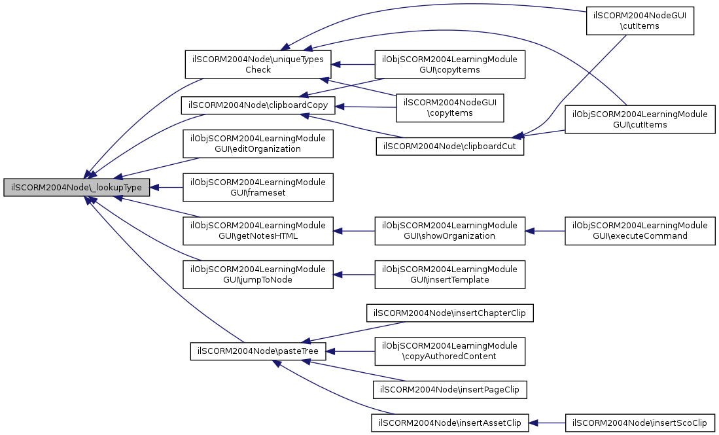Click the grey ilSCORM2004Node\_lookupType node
(x=77, y=188)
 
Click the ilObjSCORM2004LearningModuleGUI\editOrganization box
(x=258, y=144)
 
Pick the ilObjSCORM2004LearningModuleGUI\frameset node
(x=258, y=187)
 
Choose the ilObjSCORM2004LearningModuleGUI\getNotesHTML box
(x=258, y=230)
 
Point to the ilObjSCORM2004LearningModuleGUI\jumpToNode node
(x=258, y=273)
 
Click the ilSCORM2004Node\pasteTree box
(x=258, y=351)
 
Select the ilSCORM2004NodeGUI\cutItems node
(x=639, y=21)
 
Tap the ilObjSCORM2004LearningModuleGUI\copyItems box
(x=449, y=64)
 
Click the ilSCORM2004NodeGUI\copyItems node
(x=450, y=107)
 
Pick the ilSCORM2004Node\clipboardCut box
(x=449, y=146)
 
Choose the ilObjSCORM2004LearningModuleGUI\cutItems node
(x=640, y=119)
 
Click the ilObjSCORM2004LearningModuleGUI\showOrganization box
(x=449, y=230)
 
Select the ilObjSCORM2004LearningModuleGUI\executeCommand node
(x=640, y=230)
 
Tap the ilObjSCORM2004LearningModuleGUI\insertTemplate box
(x=449, y=273)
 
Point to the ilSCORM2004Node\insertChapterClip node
(x=450, y=313)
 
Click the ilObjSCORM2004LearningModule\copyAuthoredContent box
(x=449, y=351)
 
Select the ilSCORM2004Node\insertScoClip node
(x=640, y=423)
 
